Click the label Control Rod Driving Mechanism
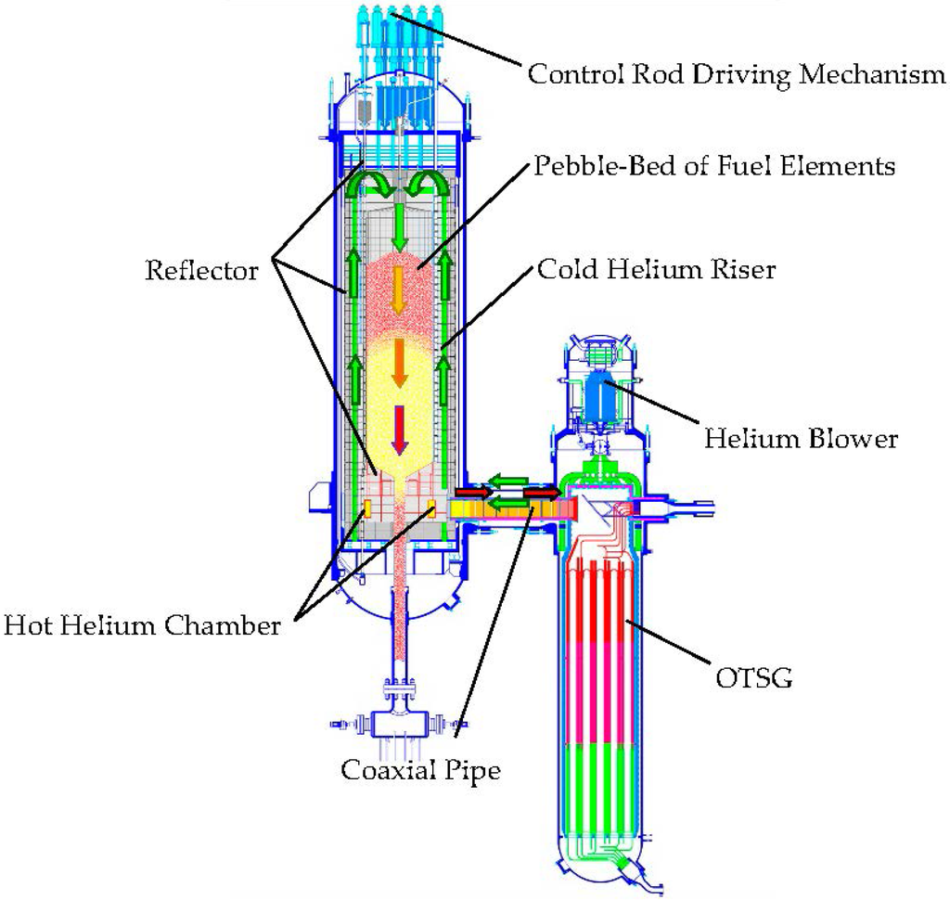coord(737,73)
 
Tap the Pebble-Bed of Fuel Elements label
coord(714,166)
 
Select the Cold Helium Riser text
coord(657,270)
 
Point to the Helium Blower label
coord(801,437)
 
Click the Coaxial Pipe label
coord(420,769)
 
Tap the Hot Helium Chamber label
coord(141,625)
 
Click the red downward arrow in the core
coord(400,430)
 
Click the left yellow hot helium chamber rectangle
coord(367,508)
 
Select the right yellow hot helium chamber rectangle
coord(431,508)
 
